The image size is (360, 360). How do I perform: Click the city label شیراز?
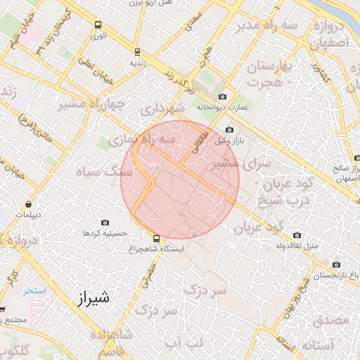point(91,298)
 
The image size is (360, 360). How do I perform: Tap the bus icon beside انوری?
point(98,25)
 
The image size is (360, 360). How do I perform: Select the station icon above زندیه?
point(136,51)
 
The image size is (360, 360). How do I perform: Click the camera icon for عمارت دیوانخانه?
point(223,96)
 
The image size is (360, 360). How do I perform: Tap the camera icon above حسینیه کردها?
point(105,222)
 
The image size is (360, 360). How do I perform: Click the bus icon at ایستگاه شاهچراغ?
point(156,238)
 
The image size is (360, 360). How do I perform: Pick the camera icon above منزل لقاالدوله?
point(297,236)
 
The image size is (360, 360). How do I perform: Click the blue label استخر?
point(33,290)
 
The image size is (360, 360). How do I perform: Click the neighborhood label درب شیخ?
point(271,201)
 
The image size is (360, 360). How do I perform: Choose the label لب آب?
point(193,342)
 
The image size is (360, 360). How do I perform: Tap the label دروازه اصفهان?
point(328,34)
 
